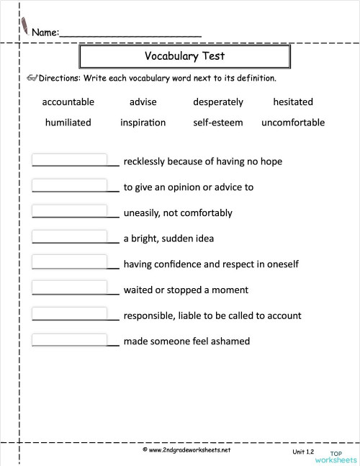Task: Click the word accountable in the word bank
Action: pos(68,102)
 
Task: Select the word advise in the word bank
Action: pos(143,102)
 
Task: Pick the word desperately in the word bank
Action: pos(218,102)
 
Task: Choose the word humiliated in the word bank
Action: pos(68,122)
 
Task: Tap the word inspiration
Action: pos(143,122)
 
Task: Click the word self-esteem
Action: pos(218,122)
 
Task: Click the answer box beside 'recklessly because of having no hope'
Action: pos(71,159)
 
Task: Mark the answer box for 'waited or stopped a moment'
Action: pos(71,287)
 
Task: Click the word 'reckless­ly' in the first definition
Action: pos(146,161)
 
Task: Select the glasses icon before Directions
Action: pos(31,77)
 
